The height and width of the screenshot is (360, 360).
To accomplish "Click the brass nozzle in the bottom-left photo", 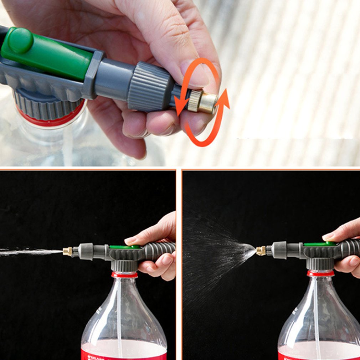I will point(67,251).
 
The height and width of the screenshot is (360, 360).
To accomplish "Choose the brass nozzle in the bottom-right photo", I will point(261,251).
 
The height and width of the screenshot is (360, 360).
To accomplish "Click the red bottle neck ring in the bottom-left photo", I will point(124,275).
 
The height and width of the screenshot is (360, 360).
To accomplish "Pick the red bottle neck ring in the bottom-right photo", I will point(320,273).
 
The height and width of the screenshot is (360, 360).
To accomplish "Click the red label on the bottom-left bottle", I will point(123,355).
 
